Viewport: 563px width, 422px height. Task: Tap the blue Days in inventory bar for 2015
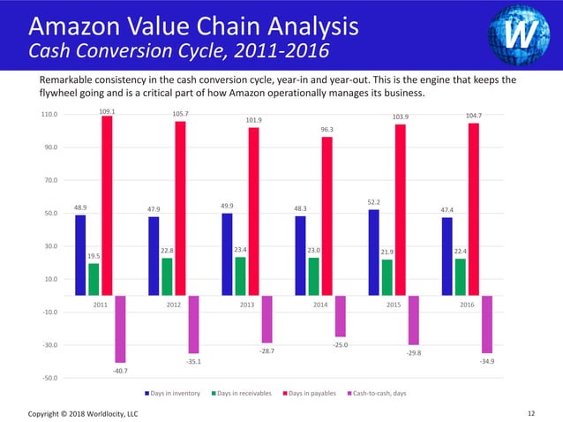pos(373,252)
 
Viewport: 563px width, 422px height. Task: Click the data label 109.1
pos(107,111)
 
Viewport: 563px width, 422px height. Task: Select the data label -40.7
pos(119,371)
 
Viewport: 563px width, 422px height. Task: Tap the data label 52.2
pos(373,202)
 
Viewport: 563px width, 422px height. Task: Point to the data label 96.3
pos(327,129)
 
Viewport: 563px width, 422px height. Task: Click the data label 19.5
pos(94,256)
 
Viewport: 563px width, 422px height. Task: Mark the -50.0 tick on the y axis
pos(49,378)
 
